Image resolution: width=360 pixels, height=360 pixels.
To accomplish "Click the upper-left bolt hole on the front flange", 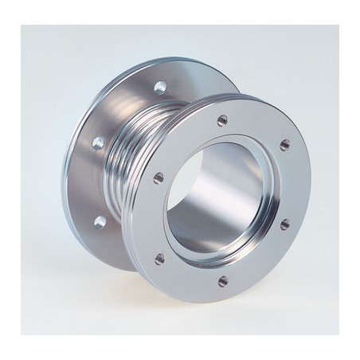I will point(158,176).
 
